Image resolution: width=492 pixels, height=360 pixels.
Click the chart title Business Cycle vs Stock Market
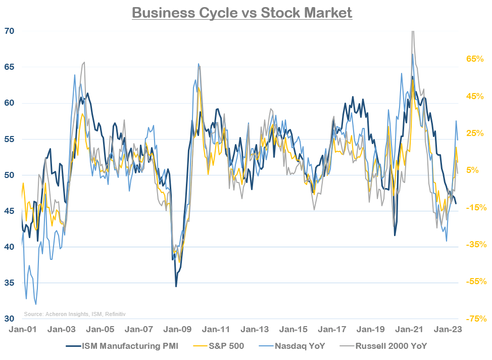pos(242,13)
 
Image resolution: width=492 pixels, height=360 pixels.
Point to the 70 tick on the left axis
pos(10,31)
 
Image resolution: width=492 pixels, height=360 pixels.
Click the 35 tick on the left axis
pos(10,283)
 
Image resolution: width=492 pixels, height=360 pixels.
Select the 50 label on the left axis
pos(10,175)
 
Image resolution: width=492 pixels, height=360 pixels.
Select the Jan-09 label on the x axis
pos(179,329)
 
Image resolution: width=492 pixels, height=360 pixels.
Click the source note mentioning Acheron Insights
pos(75,314)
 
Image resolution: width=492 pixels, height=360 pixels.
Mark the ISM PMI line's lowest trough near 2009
pos(176,286)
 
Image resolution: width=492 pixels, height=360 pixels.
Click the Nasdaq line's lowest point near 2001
pos(35,304)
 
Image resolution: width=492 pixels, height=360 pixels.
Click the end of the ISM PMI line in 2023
pos(456,204)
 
